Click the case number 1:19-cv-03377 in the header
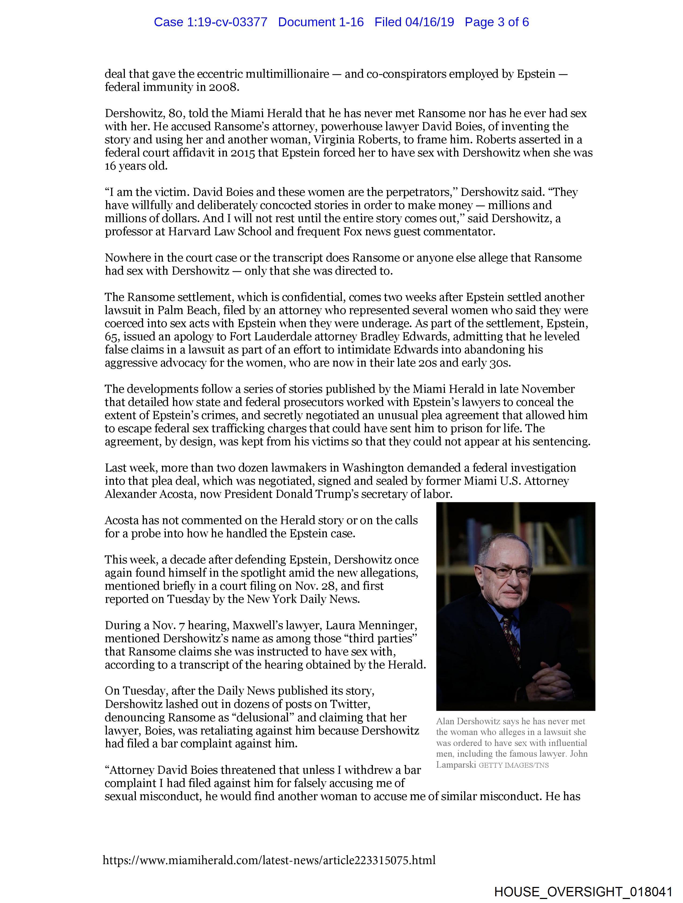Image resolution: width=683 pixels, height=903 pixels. pos(227,22)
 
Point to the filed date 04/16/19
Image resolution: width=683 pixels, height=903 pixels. pos(430,22)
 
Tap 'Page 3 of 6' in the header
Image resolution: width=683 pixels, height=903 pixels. pos(497,22)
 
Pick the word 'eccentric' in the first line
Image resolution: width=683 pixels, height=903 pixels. pos(220,74)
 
